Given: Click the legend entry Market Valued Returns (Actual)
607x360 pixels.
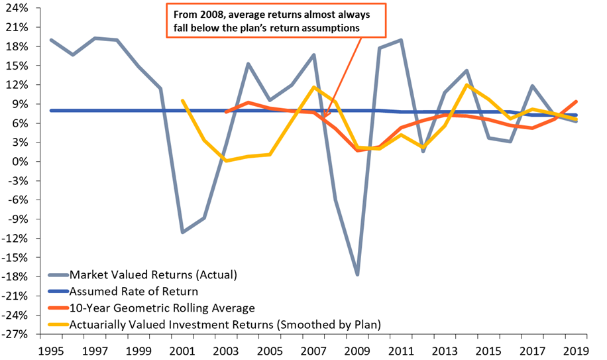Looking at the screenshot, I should tap(153, 274).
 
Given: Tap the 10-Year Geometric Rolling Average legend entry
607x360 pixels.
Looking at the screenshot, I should tap(162, 307).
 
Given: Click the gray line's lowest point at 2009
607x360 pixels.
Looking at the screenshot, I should tap(357, 274).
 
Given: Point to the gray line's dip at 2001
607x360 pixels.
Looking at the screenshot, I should tap(182, 232).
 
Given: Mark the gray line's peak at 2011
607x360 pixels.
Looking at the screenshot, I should tap(401, 40).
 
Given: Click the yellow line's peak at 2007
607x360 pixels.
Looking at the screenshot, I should tap(313, 88).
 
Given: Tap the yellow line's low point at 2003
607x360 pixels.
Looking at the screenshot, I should tap(226, 160).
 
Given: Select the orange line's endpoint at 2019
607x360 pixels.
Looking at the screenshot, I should tap(576, 101).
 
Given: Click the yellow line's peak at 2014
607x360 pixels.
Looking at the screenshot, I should tap(467, 85).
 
